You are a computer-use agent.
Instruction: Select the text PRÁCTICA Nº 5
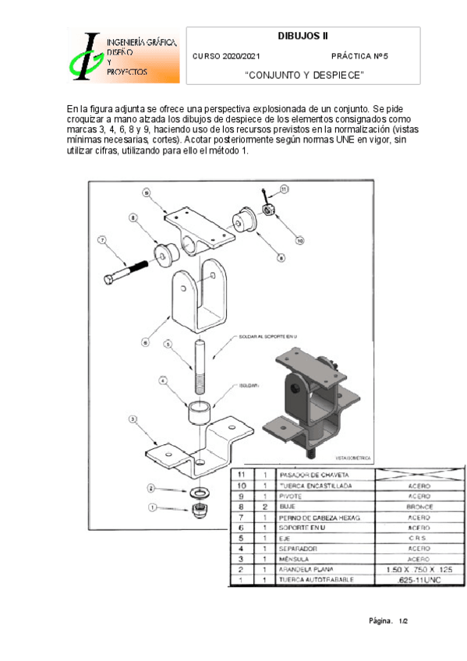coord(359,57)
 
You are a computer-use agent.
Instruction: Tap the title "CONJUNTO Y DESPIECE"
coord(303,75)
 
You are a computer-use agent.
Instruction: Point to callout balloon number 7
coord(101,240)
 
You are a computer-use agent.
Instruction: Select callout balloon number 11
coord(284,189)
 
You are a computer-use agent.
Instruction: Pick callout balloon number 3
coord(133,419)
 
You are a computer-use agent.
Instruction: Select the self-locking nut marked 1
coord(200,511)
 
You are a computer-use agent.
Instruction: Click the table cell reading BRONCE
coord(420,505)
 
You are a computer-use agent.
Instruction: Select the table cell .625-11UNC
coord(420,580)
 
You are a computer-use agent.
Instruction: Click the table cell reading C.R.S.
coord(420,537)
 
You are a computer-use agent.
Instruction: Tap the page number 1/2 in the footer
coord(403,621)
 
